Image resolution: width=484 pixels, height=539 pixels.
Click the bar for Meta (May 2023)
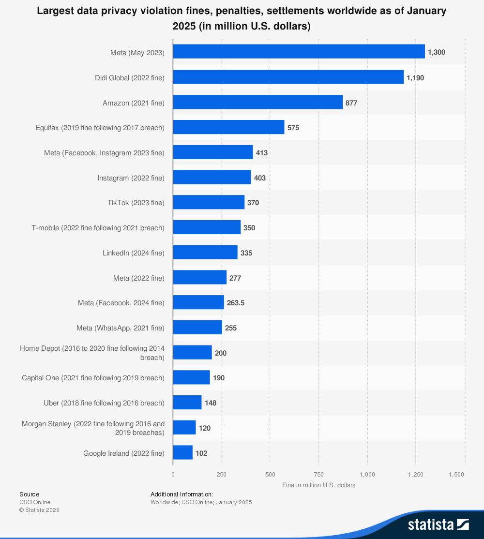point(299,52)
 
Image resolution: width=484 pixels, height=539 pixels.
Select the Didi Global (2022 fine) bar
point(288,77)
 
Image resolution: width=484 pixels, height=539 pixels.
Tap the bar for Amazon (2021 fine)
point(257,102)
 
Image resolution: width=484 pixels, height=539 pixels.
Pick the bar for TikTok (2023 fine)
point(209,202)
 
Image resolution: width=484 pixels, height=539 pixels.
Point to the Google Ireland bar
point(182,453)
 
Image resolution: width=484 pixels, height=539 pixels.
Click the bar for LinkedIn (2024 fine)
point(205,253)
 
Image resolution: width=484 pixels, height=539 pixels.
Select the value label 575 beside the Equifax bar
point(293,128)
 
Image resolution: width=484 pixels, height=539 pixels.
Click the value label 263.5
point(236,303)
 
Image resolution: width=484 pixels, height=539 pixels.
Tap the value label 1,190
point(415,77)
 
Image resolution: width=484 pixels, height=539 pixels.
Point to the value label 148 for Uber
point(211,403)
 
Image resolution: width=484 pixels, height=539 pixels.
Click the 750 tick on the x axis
point(318,475)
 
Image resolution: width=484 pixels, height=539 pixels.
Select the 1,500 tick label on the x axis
point(456,475)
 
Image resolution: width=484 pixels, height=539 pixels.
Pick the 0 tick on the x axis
point(173,475)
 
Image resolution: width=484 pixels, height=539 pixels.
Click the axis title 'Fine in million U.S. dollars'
point(318,485)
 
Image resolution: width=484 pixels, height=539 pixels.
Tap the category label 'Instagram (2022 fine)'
point(131,178)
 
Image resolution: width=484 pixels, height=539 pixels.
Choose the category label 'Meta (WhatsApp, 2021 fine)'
point(121,328)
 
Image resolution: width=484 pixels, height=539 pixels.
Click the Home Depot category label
point(92,353)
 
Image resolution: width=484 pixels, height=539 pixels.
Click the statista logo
point(438,524)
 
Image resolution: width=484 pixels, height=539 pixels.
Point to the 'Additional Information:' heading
point(181,494)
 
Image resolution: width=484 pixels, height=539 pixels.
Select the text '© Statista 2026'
point(39,510)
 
